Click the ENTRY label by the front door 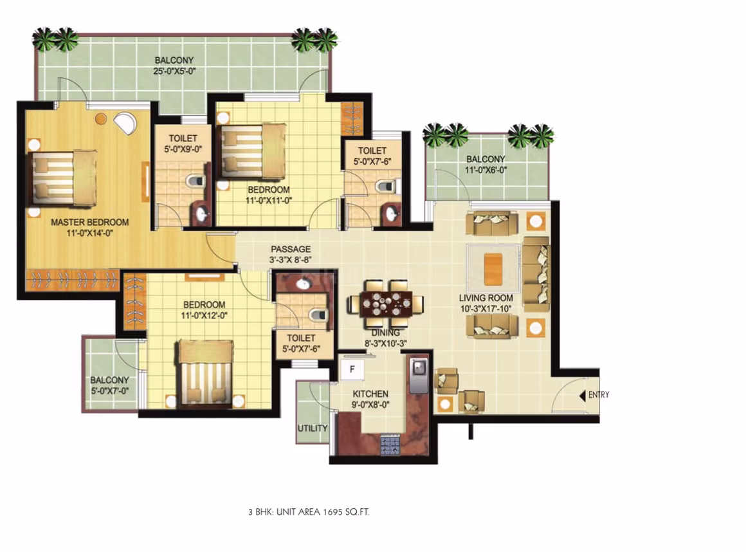599,395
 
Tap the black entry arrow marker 583,396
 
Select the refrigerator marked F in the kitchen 352,369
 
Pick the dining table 386,304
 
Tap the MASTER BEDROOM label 90,222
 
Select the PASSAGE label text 291,250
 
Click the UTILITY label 313,428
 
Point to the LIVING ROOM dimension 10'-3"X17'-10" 486,309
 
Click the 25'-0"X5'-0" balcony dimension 175,71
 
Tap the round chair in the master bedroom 126,123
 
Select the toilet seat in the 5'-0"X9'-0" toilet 195,181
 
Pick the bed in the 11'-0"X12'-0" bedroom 206,374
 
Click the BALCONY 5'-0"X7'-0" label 109,385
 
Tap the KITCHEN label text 370,394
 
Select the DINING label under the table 385,333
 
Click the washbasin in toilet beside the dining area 303,284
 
